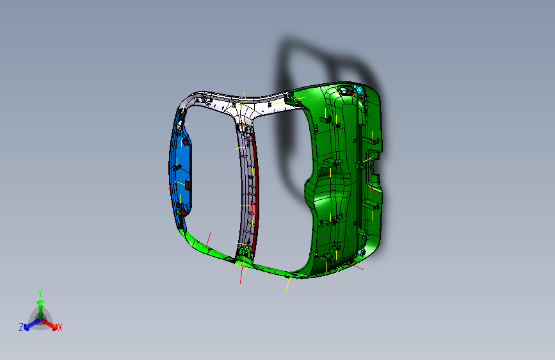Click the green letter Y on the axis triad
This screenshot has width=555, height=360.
40,292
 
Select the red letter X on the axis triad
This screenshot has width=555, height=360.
60,327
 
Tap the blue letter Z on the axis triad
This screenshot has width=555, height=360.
21,327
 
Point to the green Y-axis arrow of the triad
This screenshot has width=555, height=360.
40,306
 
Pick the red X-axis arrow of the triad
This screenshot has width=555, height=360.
51,323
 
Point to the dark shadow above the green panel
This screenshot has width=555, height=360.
301,58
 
